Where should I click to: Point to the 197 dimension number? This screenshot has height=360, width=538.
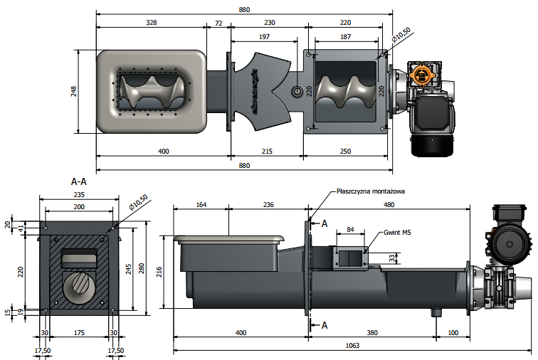point(265,36)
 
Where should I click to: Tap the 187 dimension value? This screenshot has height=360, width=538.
point(346,36)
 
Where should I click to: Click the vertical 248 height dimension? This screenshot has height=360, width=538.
point(74,90)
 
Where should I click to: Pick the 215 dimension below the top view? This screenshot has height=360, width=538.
point(267,152)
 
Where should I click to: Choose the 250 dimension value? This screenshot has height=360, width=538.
point(346,152)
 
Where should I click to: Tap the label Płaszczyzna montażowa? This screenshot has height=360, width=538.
point(370,191)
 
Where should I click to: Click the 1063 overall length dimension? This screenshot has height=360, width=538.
point(352,346)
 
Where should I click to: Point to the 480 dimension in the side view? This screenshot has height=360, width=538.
point(389,205)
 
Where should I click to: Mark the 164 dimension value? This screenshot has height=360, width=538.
point(200,205)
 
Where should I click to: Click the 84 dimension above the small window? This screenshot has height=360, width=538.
point(349,229)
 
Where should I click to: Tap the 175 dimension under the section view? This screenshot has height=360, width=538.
point(79,332)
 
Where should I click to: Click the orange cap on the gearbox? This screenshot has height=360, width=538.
point(423,74)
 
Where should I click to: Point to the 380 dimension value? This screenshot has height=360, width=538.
point(371,332)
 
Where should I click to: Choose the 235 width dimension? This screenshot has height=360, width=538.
point(79,194)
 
